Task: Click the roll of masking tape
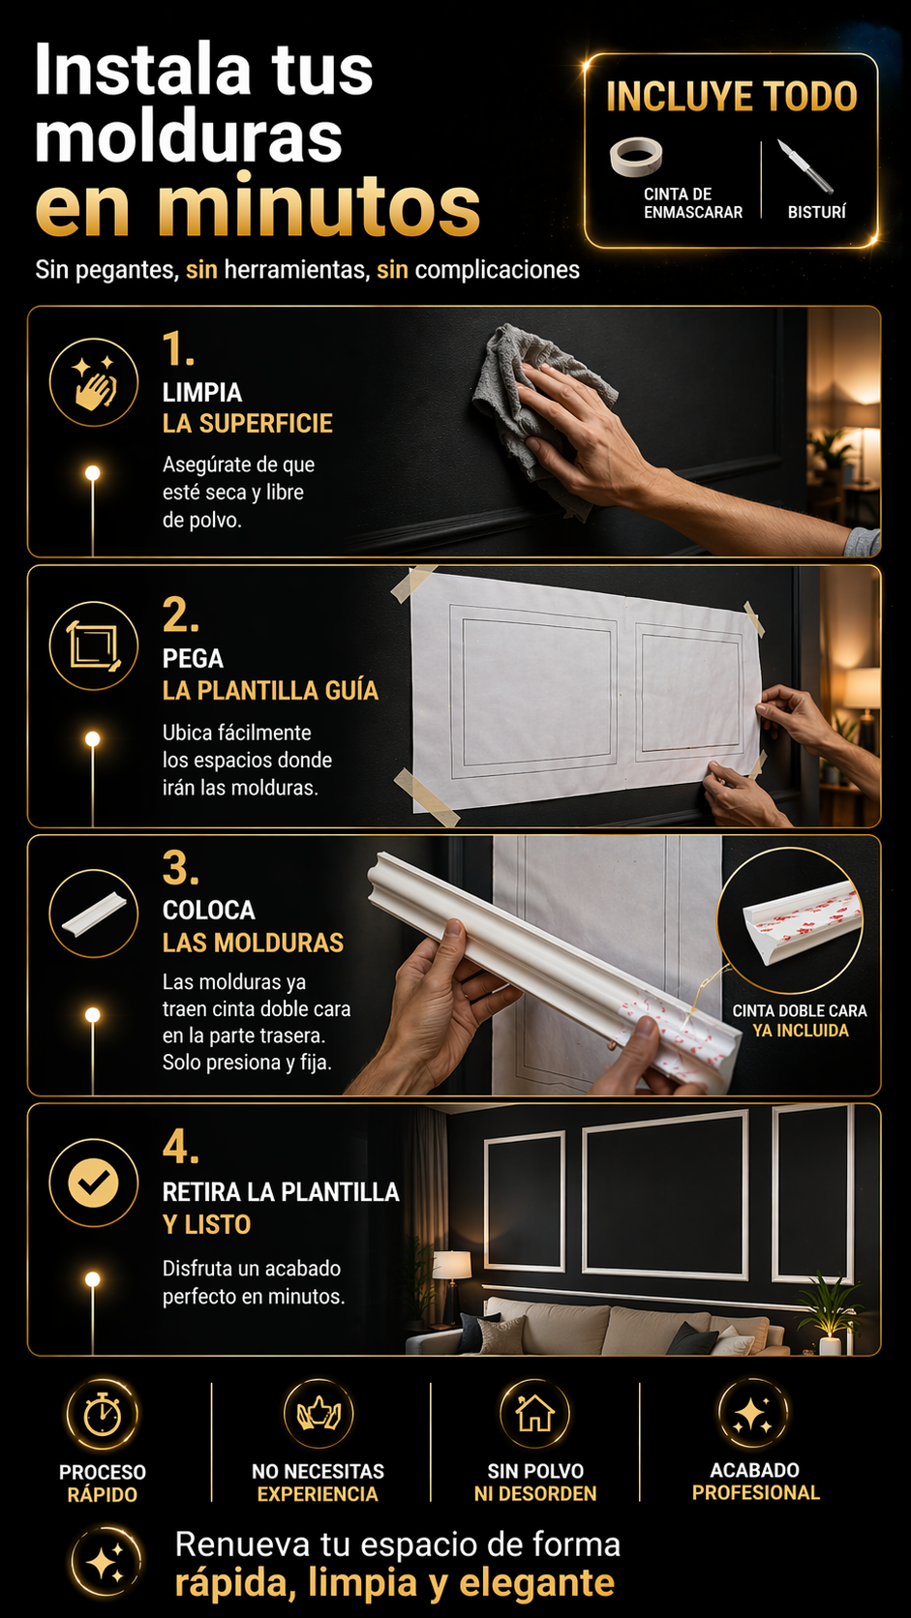tap(636, 155)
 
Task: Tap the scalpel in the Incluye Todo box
tap(805, 166)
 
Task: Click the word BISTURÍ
tap(816, 212)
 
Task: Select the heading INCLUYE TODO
tap(732, 97)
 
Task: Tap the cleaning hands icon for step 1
tap(94, 382)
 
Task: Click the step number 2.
tap(180, 615)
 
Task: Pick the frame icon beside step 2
tap(94, 645)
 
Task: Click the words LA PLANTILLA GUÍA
tap(270, 691)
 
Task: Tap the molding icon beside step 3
tap(94, 913)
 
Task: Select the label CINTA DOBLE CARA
tap(800, 1010)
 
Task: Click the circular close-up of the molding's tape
tap(790, 919)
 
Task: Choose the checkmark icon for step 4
tap(94, 1183)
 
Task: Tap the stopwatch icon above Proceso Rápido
tap(103, 1414)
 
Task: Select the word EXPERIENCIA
tap(318, 1494)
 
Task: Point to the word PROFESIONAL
tap(756, 1492)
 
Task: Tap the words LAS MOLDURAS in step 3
tap(253, 943)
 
